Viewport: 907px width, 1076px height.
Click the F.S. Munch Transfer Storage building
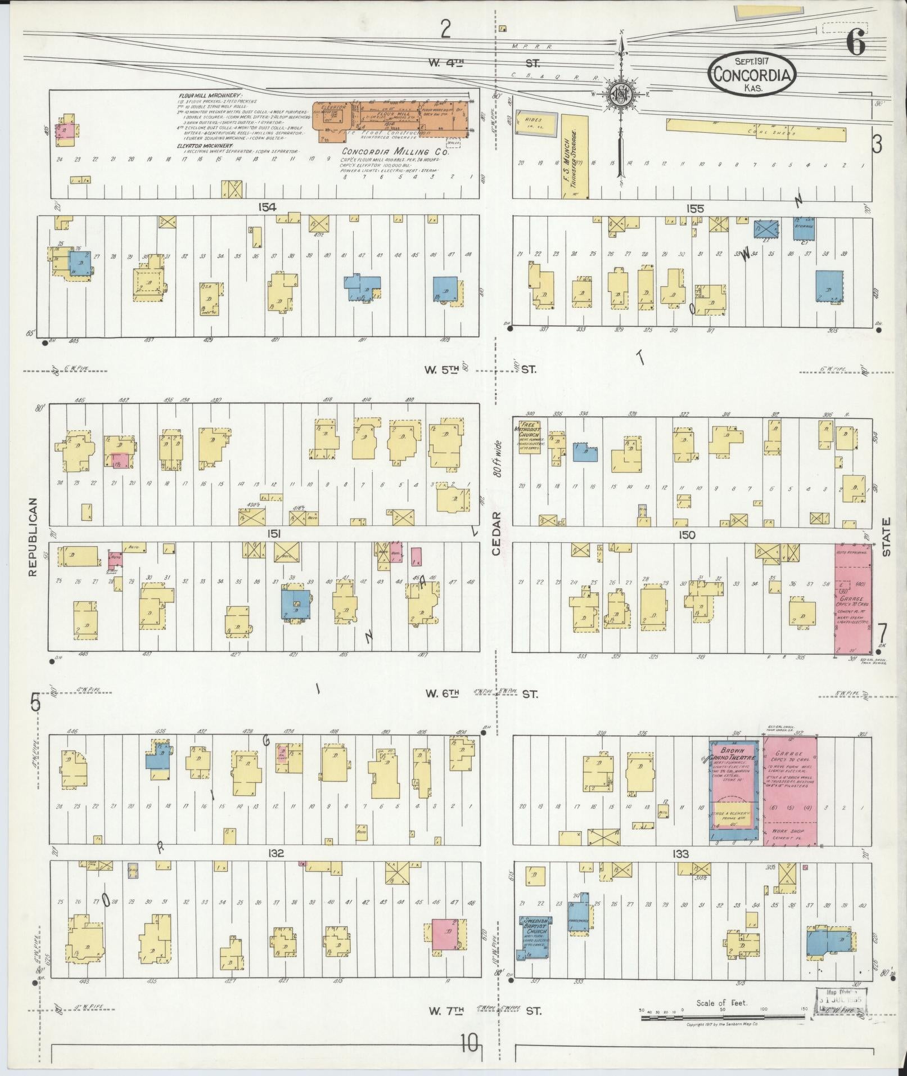tap(575, 156)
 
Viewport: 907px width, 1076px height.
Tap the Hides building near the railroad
tap(537, 123)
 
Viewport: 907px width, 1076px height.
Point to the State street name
tap(887, 537)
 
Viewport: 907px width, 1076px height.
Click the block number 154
tap(267, 207)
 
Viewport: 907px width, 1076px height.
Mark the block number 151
tap(274, 534)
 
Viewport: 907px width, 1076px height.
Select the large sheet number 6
tap(855, 44)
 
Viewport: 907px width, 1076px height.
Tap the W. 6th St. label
tap(443, 694)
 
